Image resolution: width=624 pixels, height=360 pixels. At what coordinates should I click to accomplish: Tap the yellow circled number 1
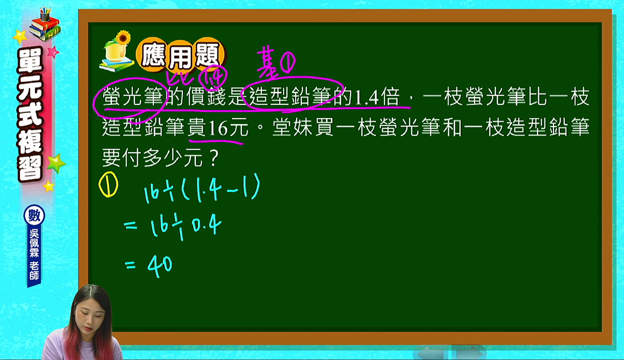[108, 184]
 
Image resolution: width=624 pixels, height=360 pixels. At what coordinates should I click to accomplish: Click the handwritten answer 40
[159, 267]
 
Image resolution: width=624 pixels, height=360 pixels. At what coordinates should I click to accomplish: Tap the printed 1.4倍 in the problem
[377, 97]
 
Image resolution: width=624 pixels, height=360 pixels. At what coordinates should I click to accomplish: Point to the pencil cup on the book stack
[45, 14]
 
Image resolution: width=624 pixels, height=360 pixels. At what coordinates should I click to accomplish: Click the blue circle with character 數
[34, 215]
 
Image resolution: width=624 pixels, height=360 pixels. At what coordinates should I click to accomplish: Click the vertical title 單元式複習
[30, 114]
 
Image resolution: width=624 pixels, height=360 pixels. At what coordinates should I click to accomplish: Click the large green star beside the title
[56, 163]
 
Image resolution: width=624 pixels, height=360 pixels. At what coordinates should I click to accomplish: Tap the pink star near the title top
[53, 52]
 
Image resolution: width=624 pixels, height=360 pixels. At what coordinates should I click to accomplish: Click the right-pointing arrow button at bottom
[469, 352]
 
